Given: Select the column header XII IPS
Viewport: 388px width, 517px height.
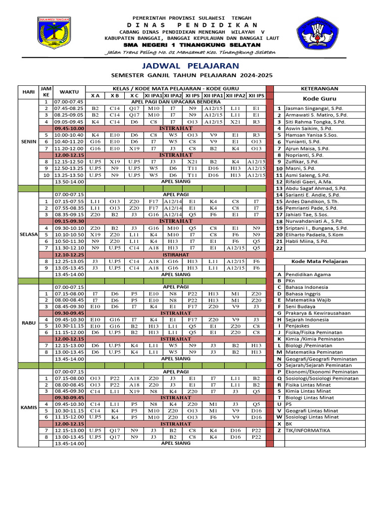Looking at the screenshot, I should tap(256, 95).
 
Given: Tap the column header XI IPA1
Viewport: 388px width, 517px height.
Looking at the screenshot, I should tap(154, 95).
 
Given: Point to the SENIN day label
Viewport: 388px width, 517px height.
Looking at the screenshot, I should tap(28, 141).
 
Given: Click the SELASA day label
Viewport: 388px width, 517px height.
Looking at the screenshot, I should tap(28, 234).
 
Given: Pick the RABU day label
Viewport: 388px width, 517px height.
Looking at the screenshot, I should tap(28, 322).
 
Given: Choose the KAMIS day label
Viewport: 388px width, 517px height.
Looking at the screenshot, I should tap(28, 406).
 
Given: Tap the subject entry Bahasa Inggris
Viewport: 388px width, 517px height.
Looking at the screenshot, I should tap(304, 293).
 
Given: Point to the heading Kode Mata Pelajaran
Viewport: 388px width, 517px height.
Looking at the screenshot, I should tap(319, 261).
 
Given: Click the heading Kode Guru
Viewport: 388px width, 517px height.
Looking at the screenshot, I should tap(319, 98).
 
